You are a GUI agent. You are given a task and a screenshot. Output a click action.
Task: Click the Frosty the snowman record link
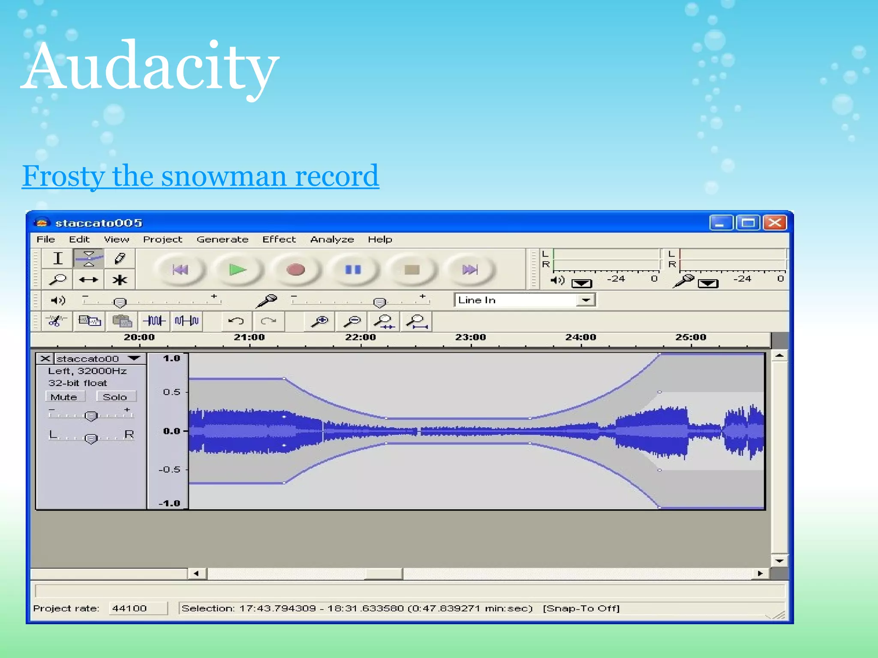(200, 176)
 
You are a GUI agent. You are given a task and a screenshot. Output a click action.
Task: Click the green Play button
(237, 270)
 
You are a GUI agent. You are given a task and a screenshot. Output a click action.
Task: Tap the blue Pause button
(353, 270)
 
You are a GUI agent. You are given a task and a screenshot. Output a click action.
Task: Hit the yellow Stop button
(412, 270)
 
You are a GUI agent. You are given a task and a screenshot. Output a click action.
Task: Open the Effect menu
(279, 239)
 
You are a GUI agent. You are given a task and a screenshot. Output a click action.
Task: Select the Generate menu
(222, 239)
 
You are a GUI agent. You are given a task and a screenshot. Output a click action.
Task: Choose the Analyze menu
(332, 239)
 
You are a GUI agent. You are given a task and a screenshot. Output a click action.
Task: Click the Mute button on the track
(64, 397)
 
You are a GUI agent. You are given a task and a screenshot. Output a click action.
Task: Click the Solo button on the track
(115, 397)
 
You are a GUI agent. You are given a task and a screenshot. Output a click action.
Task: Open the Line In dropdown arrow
(586, 300)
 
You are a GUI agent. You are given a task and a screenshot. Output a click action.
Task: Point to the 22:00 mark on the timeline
(361, 338)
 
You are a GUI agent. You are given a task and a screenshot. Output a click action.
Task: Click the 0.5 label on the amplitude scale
(171, 392)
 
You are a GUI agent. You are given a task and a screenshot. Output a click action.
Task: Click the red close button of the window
(775, 223)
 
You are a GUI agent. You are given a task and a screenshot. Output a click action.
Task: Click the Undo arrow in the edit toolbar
(236, 321)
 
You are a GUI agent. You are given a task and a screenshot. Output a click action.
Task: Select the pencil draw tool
(120, 258)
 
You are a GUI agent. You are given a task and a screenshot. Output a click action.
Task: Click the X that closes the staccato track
(45, 359)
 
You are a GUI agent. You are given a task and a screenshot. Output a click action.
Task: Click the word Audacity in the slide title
(150, 66)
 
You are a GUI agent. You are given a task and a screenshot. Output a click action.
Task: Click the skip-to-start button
(180, 270)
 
